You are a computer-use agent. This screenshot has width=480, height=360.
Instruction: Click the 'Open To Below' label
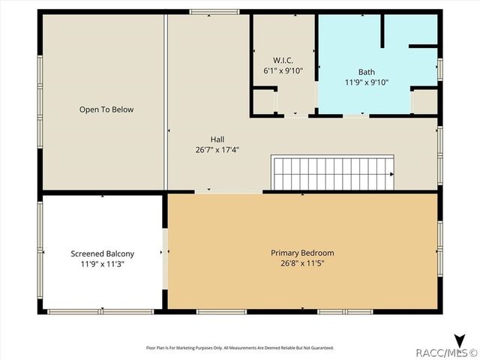(x=106, y=109)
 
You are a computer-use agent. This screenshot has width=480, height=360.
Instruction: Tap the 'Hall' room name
(x=217, y=139)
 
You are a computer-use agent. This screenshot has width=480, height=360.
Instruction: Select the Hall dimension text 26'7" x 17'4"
(x=217, y=149)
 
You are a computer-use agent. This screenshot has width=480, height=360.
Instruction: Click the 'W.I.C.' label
(x=282, y=59)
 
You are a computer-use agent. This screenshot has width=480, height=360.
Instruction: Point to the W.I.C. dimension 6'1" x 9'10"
(x=282, y=70)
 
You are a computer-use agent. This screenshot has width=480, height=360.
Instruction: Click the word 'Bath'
(x=366, y=72)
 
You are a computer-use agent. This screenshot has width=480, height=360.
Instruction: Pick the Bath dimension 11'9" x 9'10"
(x=366, y=82)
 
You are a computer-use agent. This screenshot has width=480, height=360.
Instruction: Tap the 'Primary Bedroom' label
(x=302, y=253)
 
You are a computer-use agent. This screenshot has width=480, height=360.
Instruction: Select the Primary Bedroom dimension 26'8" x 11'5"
(x=302, y=263)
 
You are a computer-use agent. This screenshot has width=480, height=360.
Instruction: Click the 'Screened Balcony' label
(x=103, y=253)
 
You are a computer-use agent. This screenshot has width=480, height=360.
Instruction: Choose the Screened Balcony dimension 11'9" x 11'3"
(x=103, y=264)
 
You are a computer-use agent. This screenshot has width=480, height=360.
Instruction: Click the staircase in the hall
(x=332, y=173)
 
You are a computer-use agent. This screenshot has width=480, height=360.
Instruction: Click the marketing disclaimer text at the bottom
(x=239, y=347)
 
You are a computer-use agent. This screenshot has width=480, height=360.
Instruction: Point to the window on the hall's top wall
(x=214, y=12)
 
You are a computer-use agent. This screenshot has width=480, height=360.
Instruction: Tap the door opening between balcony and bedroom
(x=165, y=255)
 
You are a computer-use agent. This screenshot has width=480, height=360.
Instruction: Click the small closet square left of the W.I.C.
(x=263, y=100)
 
